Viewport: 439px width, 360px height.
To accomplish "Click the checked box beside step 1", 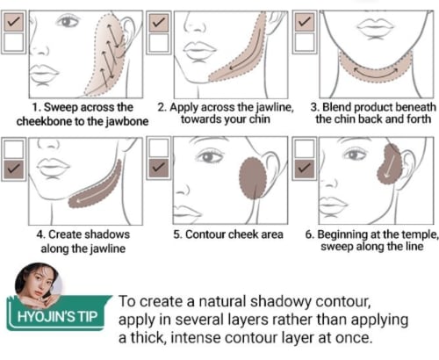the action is click(x=14, y=22).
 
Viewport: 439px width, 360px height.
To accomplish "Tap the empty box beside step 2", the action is click(x=159, y=43).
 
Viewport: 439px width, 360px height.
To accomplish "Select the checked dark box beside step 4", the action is click(x=14, y=169).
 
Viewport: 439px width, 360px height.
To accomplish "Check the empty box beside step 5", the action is click(x=159, y=148).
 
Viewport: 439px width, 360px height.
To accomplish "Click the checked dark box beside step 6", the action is click(x=305, y=169).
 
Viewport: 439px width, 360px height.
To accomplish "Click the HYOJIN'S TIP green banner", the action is click(x=57, y=314).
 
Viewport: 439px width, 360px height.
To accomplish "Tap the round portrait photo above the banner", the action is click(x=38, y=284).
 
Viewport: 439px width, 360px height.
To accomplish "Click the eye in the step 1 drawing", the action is click(x=68, y=22).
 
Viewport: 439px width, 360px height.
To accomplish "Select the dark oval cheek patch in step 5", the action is click(x=253, y=178).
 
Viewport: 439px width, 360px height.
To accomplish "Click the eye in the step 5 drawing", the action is click(x=210, y=157).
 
